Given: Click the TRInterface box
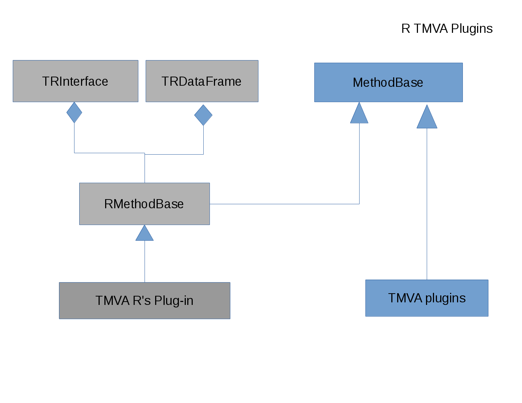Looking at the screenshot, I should [76, 81].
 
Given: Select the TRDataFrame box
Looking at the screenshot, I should [202, 81].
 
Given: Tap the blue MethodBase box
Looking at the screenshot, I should [388, 82].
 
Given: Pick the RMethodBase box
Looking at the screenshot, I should [145, 204].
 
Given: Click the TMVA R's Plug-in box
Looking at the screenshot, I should [145, 301].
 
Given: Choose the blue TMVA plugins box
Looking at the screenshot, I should [427, 298].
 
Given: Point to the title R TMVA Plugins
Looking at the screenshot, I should [447, 28].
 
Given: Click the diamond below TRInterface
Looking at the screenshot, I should [74, 112].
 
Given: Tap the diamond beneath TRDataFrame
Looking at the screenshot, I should [203, 115].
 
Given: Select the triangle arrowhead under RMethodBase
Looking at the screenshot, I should [145, 234].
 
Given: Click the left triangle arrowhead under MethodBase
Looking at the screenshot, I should [359, 115].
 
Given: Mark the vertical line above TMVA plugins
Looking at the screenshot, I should [427, 204].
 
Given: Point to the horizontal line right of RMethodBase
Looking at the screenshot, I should [285, 204].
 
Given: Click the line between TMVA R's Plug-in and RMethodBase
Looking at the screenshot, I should [145, 261].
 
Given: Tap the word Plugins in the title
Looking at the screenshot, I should [472, 28].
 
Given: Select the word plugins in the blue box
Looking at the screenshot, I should [445, 298].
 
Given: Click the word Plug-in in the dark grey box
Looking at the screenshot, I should [174, 301].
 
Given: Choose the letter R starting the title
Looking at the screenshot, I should [406, 28].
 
